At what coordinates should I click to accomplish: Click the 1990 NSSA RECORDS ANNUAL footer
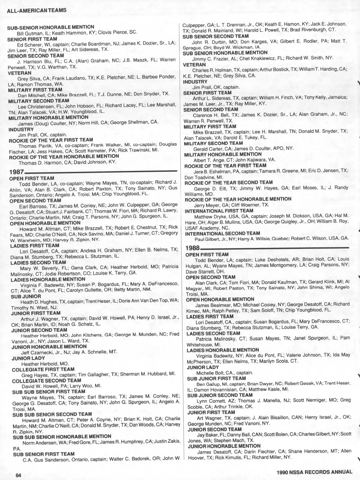point(314,472)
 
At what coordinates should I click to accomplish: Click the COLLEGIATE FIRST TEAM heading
point(43,369)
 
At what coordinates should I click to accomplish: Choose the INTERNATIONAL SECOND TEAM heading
point(223,233)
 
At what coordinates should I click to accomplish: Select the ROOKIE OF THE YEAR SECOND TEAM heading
point(229,182)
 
